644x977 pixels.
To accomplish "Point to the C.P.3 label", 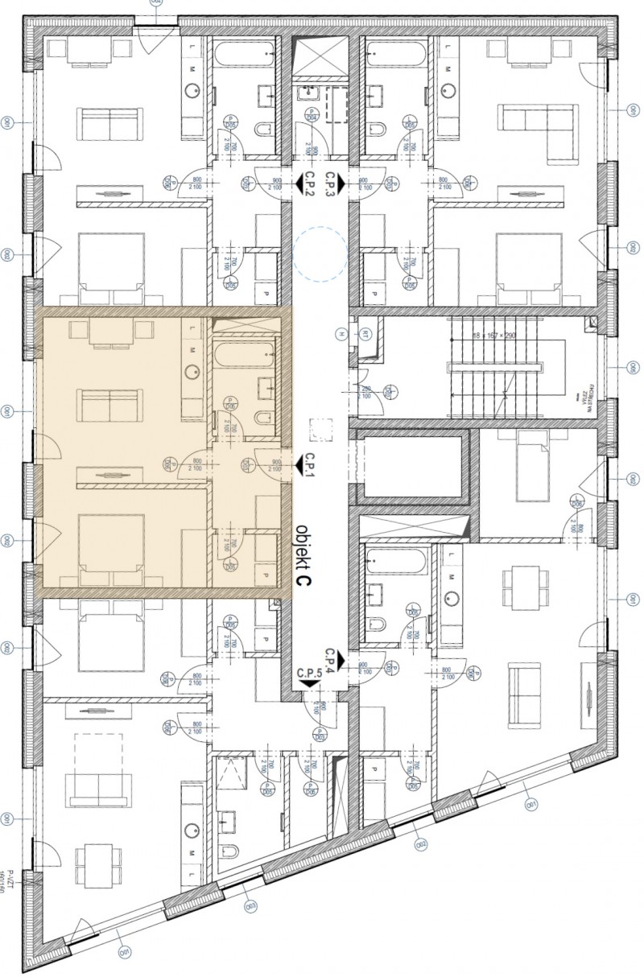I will [x=329, y=184].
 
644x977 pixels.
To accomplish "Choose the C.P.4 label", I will [x=329, y=658].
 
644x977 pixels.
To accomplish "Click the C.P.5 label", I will [x=309, y=672].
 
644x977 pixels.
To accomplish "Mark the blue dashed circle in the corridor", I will [x=320, y=254].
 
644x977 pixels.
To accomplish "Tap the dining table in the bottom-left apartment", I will [x=98, y=863].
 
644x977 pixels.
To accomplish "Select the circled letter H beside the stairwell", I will [x=342, y=334].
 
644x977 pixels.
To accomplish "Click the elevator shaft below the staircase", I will [x=411, y=467].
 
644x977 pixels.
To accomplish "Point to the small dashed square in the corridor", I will [x=320, y=429].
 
